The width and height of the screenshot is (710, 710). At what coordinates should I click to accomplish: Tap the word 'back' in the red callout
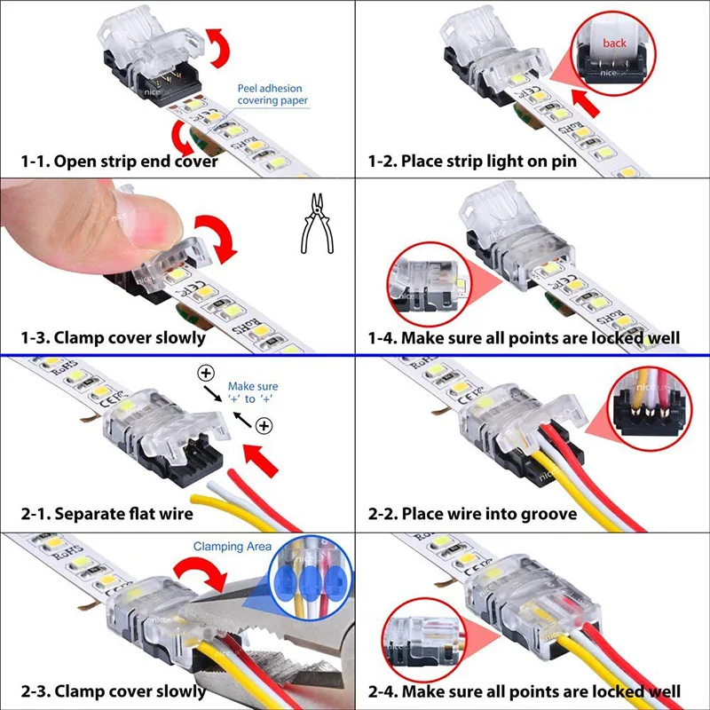(613, 43)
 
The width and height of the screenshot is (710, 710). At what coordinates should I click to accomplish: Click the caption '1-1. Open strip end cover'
(120, 162)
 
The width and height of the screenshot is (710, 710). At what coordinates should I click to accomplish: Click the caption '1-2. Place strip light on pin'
(472, 162)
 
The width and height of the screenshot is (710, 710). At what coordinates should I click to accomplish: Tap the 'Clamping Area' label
(233, 547)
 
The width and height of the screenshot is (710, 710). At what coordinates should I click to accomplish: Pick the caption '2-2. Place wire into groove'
(472, 514)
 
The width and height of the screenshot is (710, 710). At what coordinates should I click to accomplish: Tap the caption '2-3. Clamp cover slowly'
(114, 690)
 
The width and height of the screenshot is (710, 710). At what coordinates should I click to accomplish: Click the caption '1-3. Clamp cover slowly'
(114, 337)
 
